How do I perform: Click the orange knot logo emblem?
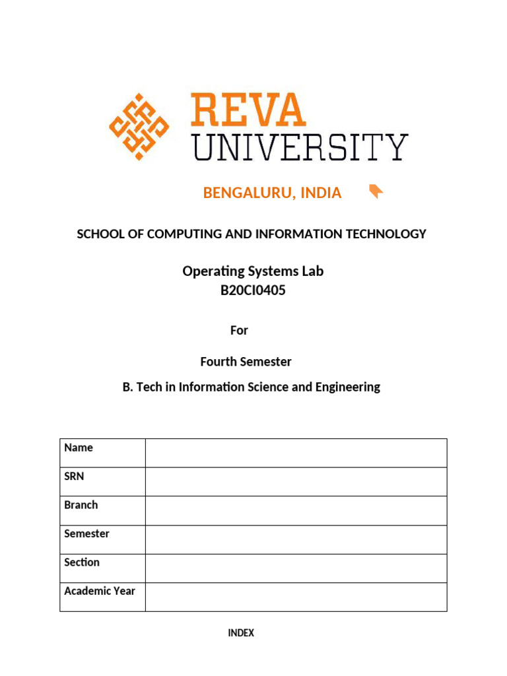[x=139, y=126]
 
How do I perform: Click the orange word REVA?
[x=248, y=110]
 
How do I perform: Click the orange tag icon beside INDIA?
[x=376, y=191]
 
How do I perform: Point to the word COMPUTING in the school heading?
[x=178, y=234]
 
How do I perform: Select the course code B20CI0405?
[x=253, y=290]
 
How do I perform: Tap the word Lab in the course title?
[x=310, y=271]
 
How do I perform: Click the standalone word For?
[x=239, y=330]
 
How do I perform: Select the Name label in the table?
[x=79, y=448]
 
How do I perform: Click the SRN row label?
[x=74, y=476]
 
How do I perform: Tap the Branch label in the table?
[x=81, y=505]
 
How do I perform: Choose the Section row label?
[x=82, y=562]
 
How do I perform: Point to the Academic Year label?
[x=99, y=591]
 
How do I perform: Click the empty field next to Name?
[x=296, y=453]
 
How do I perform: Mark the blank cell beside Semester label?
[x=296, y=539]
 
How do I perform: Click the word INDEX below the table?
[x=241, y=633]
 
